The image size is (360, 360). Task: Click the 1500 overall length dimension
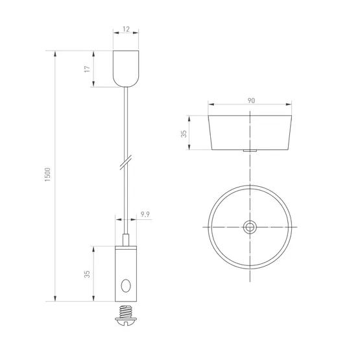tap(48, 175)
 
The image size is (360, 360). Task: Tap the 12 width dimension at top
tap(125, 30)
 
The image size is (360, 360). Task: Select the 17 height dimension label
tap(87, 68)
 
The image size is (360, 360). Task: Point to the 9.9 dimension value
tap(145, 213)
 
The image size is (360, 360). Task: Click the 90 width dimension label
tap(250, 101)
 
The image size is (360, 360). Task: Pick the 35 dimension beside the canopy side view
tap(184, 133)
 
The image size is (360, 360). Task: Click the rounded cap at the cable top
tap(125, 68)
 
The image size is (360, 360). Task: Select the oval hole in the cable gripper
tap(126, 285)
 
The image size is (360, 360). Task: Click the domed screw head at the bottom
tap(125, 318)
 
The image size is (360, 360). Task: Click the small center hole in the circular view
tap(250, 227)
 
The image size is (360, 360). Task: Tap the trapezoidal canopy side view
tap(250, 133)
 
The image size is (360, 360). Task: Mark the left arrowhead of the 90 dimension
tap(210, 106)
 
